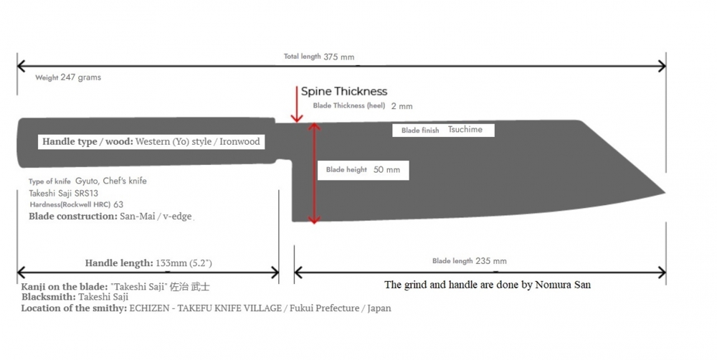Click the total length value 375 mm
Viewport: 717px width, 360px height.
339,57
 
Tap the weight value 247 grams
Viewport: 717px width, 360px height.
80,77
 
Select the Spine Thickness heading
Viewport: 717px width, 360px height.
344,91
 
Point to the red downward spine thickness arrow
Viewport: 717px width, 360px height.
297,104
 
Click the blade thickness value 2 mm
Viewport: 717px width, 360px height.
402,106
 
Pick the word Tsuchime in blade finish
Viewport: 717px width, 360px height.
465,130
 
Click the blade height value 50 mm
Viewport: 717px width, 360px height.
387,170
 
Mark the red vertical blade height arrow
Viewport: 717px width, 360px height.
314,174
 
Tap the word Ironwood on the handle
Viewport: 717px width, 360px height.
239,141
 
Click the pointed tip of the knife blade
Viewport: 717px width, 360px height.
665,193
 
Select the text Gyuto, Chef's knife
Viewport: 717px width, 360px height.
111,181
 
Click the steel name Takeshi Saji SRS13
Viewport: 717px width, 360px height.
64,193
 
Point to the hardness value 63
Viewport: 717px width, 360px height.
118,204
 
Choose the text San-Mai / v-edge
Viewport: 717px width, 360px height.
156,217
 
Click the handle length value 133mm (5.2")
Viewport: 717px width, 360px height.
184,263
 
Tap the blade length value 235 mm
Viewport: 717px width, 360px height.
491,261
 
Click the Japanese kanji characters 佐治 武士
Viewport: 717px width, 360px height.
190,288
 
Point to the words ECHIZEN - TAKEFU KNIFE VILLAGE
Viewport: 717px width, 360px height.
206,308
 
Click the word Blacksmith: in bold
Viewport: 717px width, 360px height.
49,298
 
